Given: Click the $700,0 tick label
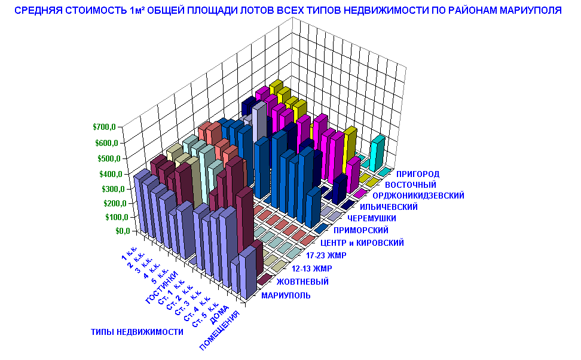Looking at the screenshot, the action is (x=104, y=127).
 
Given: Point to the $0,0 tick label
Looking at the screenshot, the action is (x=123, y=231).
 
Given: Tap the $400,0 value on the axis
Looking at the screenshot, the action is (x=111, y=174).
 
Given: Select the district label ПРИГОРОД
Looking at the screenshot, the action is (x=418, y=174).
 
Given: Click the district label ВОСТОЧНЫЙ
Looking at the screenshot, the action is (x=411, y=185).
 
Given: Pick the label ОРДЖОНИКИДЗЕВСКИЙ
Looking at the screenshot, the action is (x=418, y=196).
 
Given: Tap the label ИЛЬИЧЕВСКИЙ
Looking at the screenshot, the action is (x=389, y=207).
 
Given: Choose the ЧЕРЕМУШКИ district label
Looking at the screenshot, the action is (x=372, y=218).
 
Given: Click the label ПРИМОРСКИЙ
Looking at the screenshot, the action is (x=361, y=230).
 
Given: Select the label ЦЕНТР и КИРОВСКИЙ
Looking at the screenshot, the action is (x=362, y=243).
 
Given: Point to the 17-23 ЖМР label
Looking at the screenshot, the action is (x=326, y=255).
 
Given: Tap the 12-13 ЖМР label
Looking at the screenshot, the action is (x=312, y=269).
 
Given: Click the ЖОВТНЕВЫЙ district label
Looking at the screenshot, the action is (x=302, y=282).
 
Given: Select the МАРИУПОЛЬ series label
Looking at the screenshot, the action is (x=286, y=295).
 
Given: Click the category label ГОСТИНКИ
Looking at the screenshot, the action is (x=161, y=288).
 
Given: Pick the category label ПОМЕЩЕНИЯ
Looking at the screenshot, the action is (x=220, y=330).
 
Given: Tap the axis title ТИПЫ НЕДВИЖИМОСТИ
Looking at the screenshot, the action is (x=137, y=332).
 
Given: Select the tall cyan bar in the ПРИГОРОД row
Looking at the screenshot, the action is (x=377, y=152).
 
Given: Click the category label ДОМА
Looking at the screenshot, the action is (x=219, y=315).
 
